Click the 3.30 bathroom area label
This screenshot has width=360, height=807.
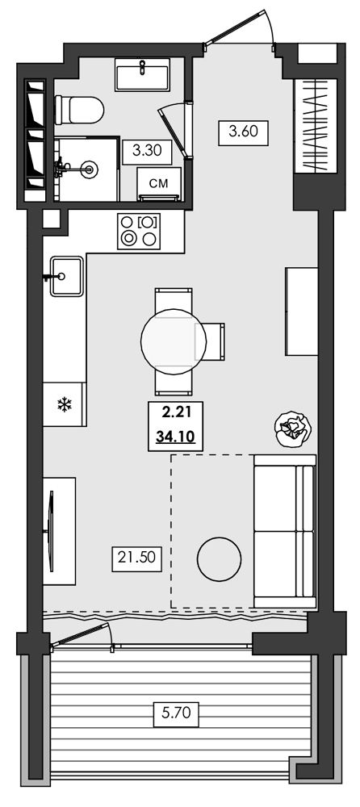pyautogui.click(x=147, y=152)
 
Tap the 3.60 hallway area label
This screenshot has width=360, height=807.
pyautogui.click(x=243, y=132)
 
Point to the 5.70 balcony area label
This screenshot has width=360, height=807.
pyautogui.click(x=177, y=714)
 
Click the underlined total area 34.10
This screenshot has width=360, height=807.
pyautogui.click(x=174, y=438)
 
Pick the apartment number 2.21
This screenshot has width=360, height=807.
pyautogui.click(x=174, y=412)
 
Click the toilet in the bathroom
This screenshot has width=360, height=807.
pyautogui.click(x=79, y=110)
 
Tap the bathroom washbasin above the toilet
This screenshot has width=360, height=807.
pyautogui.click(x=142, y=75)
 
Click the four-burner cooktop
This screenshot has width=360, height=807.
pyautogui.click(x=139, y=231)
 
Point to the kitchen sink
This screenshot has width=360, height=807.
pyautogui.click(x=66, y=276)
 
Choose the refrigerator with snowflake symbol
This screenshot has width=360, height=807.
pyautogui.click(x=64, y=404)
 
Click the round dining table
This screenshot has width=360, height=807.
pyautogui.click(x=174, y=341)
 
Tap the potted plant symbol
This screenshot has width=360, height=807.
pyautogui.click(x=293, y=429)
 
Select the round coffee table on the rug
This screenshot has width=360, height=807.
pyautogui.click(x=219, y=559)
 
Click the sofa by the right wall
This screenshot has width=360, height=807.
pyautogui.click(x=285, y=531)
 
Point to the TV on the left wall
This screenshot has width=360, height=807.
pyautogui.click(x=51, y=531)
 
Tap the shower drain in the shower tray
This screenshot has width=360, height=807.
pyautogui.click(x=90, y=169)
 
